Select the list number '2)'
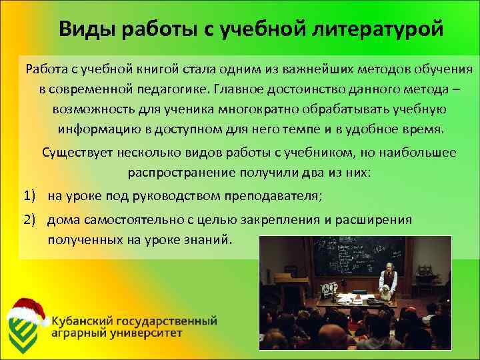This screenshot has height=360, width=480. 29,219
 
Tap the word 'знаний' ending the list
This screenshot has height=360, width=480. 210,239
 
